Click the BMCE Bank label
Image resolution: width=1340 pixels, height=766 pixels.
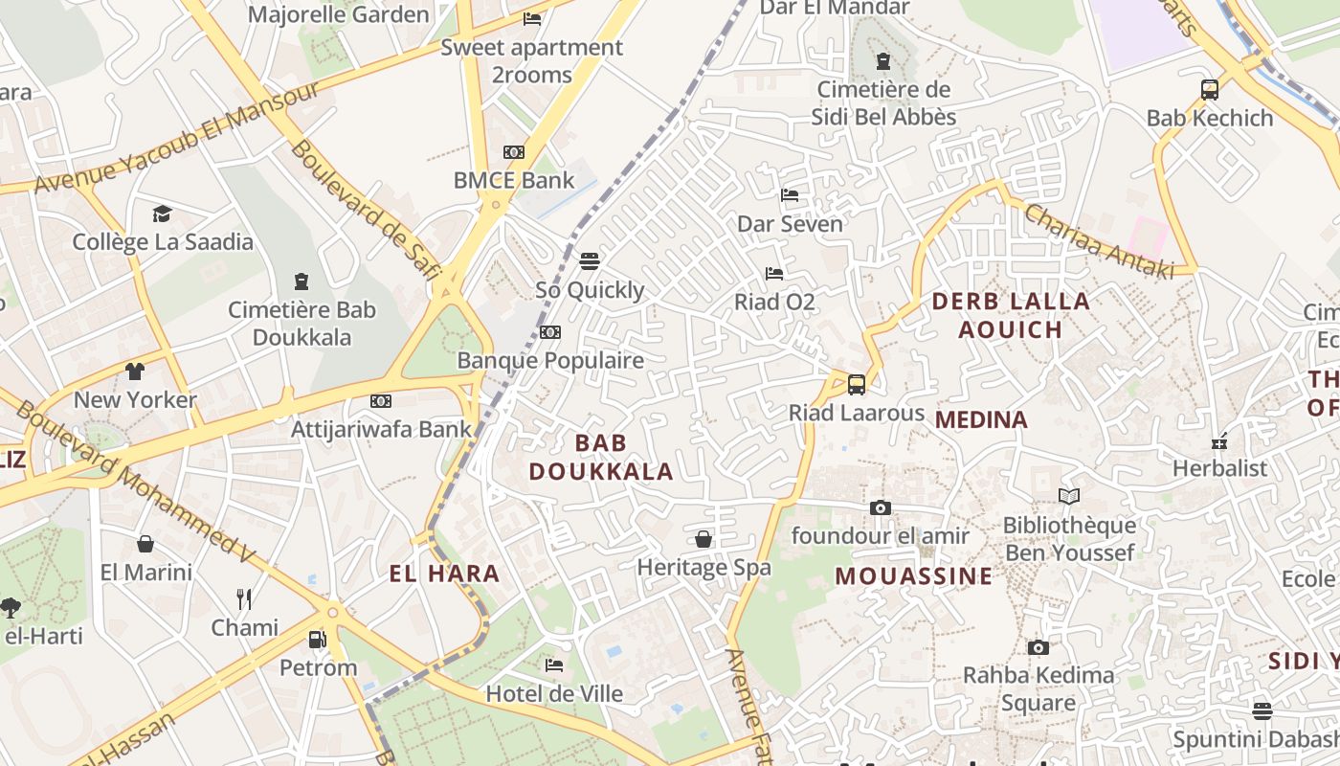coord(514,180)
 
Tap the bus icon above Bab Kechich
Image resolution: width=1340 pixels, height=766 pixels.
coord(1210,90)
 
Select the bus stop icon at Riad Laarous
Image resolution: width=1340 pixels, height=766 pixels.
coord(857,384)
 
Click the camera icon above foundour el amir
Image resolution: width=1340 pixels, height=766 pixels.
coord(881,507)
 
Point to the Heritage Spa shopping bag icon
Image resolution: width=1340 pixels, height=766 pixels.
coord(703,539)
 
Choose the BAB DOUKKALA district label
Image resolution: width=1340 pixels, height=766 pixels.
coord(601,457)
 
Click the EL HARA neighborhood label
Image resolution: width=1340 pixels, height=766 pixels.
coord(444,574)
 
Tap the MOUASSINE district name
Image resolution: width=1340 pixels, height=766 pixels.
coord(914,575)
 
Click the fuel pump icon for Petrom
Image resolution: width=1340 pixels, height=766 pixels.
coord(317,639)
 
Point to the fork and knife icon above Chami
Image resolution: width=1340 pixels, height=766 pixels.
coord(244,599)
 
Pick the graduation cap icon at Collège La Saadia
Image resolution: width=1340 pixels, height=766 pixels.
coord(162,214)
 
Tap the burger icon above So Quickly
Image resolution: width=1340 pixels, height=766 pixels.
coord(590,260)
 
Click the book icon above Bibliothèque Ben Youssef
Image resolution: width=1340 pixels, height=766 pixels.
coord(1069,496)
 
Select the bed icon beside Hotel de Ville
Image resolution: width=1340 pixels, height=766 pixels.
coord(553,665)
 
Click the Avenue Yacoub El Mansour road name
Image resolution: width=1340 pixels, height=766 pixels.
coord(177,138)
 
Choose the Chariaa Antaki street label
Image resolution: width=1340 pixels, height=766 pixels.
coord(1098,241)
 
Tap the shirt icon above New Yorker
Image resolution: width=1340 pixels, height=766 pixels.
coord(135,371)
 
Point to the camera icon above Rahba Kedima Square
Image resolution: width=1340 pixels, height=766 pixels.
coord(1038,647)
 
